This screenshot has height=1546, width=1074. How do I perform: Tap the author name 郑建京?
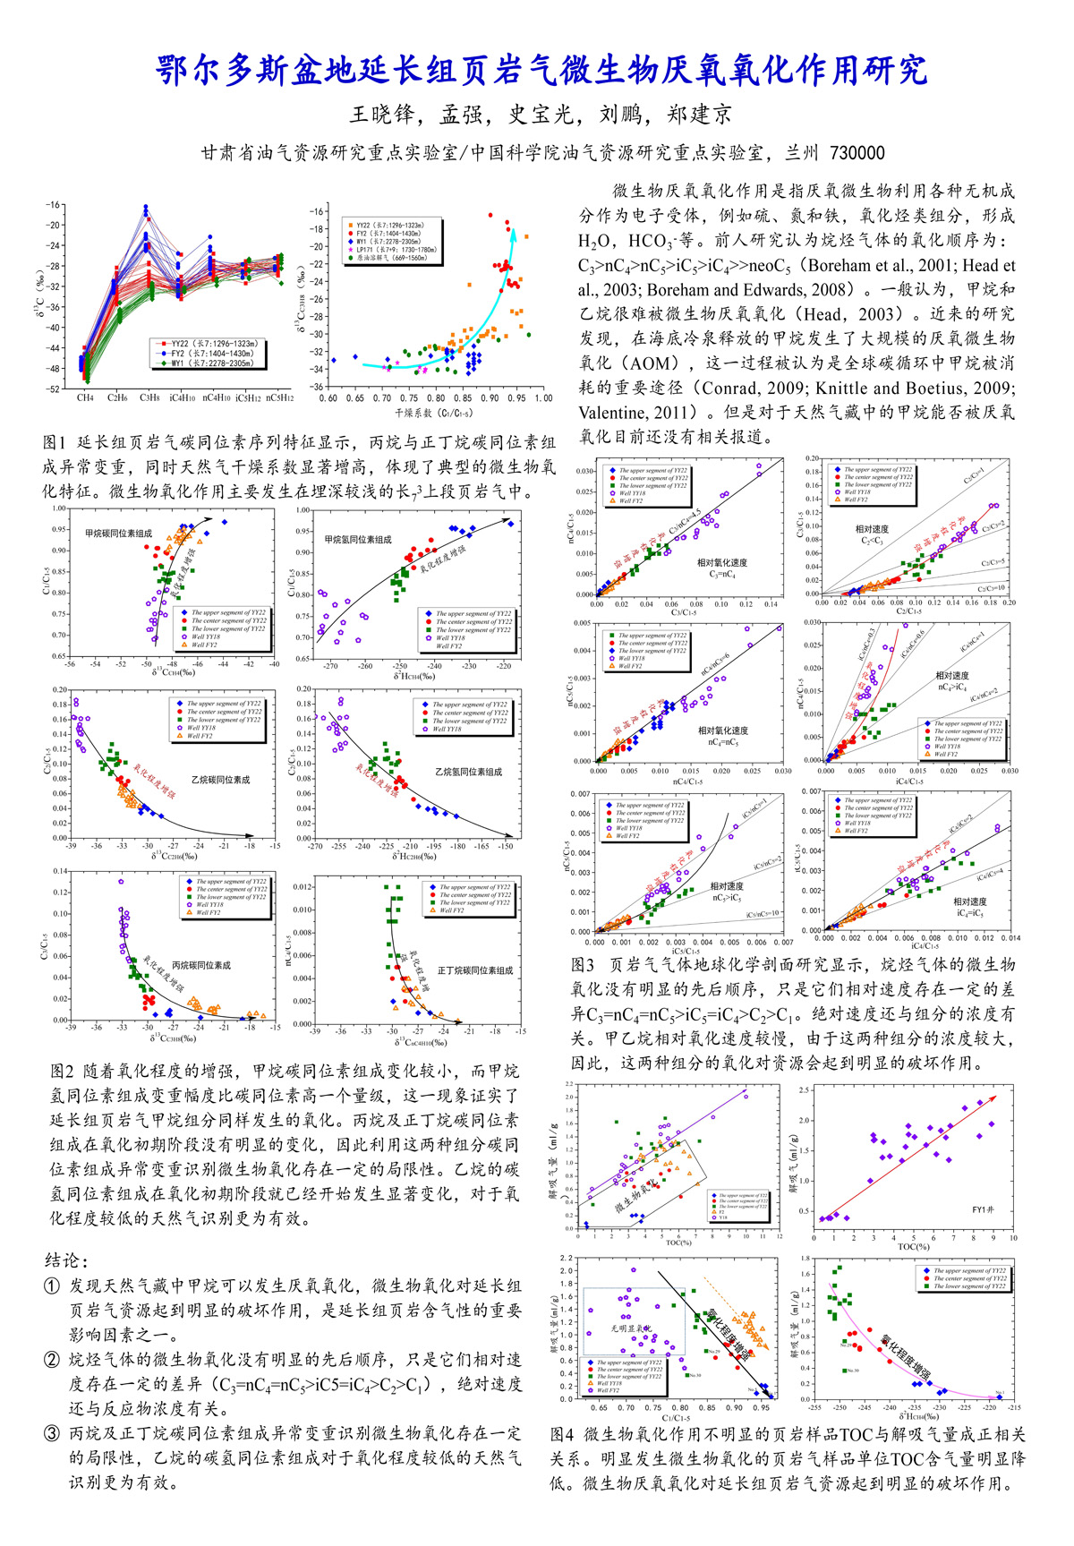tap(700, 115)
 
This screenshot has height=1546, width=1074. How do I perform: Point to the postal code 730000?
tap(857, 153)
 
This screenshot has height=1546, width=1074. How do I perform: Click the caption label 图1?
tap(55, 442)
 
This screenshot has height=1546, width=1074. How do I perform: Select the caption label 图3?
tap(584, 965)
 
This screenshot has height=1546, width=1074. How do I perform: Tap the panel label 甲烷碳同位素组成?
tap(119, 534)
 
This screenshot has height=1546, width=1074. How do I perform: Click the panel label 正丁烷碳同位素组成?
tap(475, 970)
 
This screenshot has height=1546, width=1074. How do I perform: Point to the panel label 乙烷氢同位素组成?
tap(468, 772)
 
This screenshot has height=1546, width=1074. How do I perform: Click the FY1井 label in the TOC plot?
tap(983, 1210)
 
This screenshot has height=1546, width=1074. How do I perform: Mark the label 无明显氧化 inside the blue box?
tap(631, 1328)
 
